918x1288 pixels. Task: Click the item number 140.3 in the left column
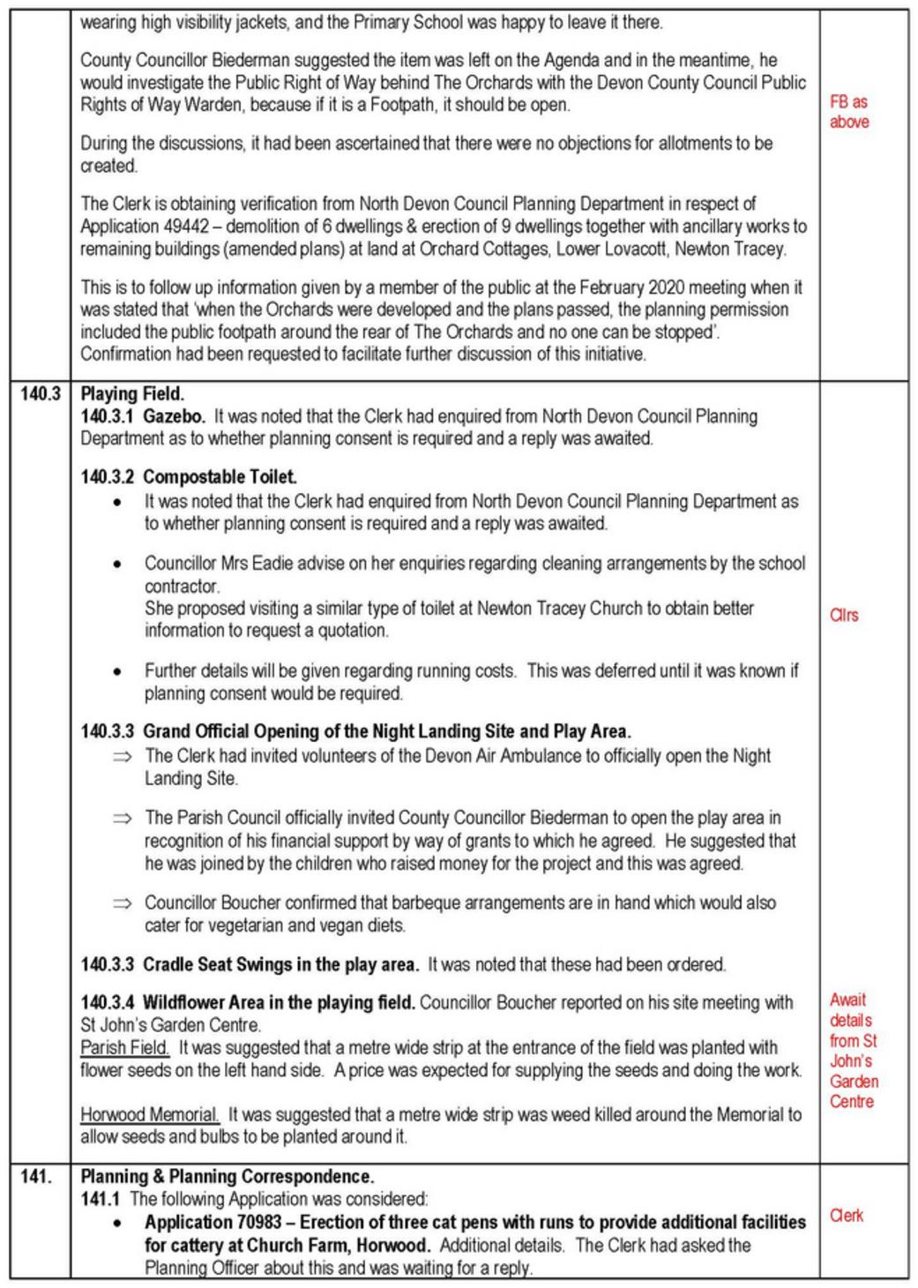41,393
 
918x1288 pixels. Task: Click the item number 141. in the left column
35,1176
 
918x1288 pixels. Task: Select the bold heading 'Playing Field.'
132,393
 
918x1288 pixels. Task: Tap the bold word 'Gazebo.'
174,416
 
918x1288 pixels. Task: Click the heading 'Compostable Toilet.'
220,477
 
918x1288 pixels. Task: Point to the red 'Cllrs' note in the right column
843,615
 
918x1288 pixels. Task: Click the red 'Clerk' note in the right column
846,1216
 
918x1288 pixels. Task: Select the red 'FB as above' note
848,112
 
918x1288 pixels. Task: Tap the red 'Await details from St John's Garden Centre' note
853,1051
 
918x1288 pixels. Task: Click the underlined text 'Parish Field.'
125,1048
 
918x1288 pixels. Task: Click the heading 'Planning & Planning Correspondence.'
227,1176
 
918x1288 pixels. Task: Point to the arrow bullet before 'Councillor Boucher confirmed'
122,903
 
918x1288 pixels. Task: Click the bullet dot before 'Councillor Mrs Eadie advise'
117,564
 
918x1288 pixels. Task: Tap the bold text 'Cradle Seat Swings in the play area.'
280,964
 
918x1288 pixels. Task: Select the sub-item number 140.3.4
108,1002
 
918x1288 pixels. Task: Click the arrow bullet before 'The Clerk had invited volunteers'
122,756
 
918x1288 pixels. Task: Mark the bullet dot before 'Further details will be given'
117,671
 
